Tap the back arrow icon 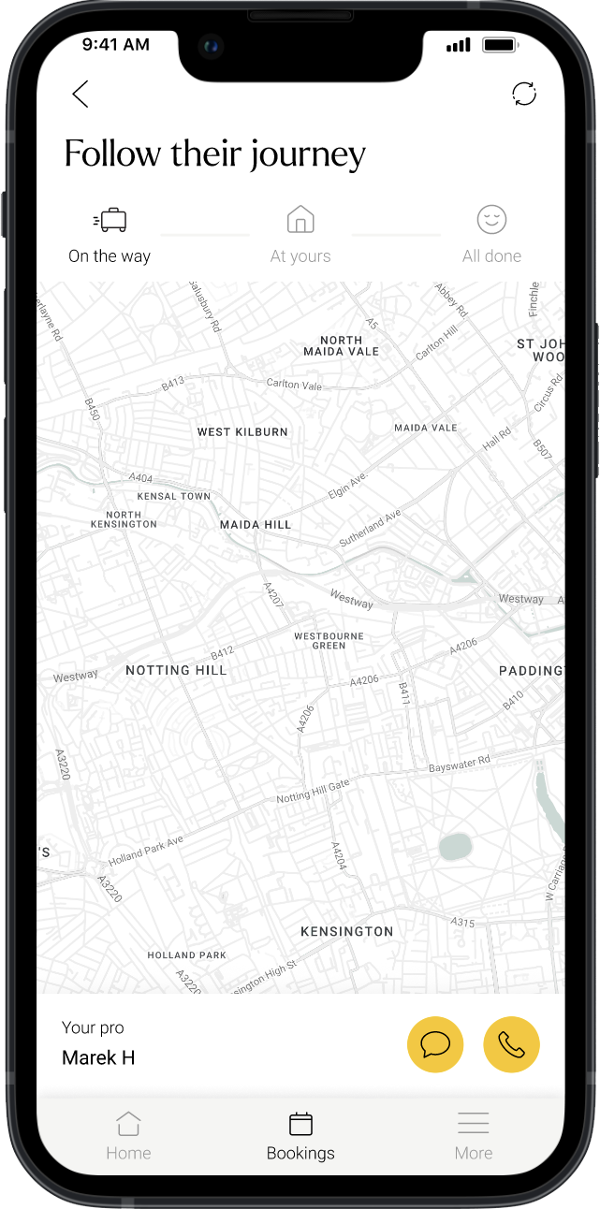pos(80,94)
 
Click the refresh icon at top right pos(524,94)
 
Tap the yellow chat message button pos(435,1044)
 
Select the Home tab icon pos(128,1123)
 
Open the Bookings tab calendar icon pos(300,1123)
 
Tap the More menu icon pos(474,1123)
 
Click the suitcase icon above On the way pos(110,220)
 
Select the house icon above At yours pos(300,220)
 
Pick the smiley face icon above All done pos(491,220)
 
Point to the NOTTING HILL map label pos(176,670)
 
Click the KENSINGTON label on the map pos(347,931)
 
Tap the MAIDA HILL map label pos(256,525)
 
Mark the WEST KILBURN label pos(242,432)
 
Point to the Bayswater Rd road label pos(459,765)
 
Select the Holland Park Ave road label pos(146,851)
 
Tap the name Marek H pos(98,1057)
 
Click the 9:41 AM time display pos(115,44)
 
